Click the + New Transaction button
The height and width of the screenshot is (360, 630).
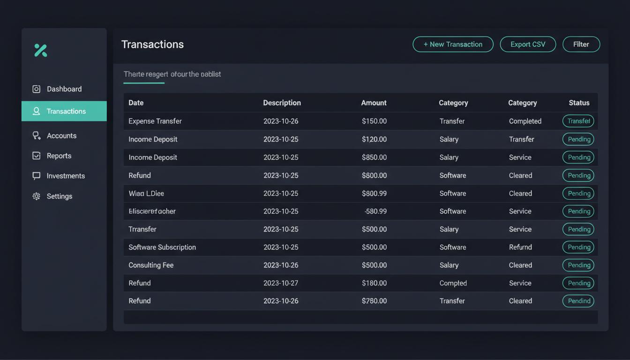pyautogui.click(x=453, y=44)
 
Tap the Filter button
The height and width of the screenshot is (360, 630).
pyautogui.click(x=581, y=44)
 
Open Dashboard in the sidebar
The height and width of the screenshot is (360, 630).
pyautogui.click(x=64, y=89)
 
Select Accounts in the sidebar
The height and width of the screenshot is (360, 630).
pyautogui.click(x=61, y=135)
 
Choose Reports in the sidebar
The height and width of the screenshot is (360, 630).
pyautogui.click(x=59, y=156)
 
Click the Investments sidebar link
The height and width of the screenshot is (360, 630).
pyautogui.click(x=66, y=176)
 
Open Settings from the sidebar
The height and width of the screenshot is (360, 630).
pyautogui.click(x=60, y=196)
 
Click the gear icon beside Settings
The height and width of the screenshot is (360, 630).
pyautogui.click(x=36, y=196)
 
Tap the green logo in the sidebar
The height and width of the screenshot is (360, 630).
pyautogui.click(x=41, y=50)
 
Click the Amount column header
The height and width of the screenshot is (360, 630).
pyautogui.click(x=374, y=103)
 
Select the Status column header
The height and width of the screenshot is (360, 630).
pyautogui.click(x=579, y=103)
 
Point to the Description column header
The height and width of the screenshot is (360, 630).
pyautogui.click(x=282, y=103)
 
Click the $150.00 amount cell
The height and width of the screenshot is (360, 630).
pyautogui.click(x=374, y=121)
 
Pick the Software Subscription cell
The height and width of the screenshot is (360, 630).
pyautogui.click(x=162, y=247)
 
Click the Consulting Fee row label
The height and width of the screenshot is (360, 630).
pyautogui.click(x=151, y=265)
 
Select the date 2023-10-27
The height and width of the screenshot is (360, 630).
pyautogui.click(x=281, y=283)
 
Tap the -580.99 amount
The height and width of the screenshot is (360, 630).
pyautogui.click(x=375, y=211)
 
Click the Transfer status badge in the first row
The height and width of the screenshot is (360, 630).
pyautogui.click(x=578, y=121)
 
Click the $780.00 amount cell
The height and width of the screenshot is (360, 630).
pyautogui.click(x=374, y=301)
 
